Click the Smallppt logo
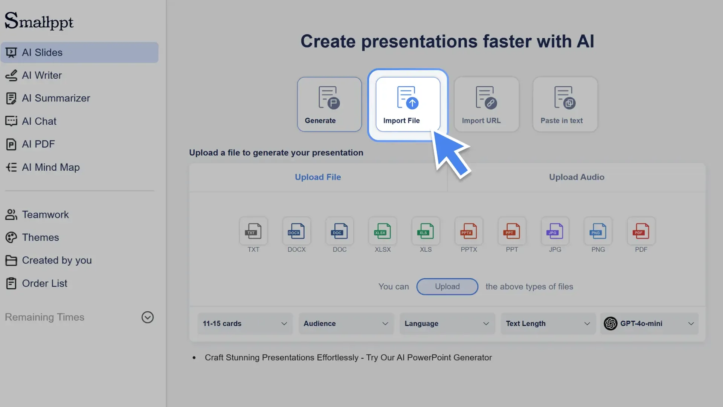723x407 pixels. click(x=39, y=21)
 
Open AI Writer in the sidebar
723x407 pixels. click(x=41, y=75)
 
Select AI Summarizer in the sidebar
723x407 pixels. click(x=56, y=98)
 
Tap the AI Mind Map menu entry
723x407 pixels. click(x=50, y=167)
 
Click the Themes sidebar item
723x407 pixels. click(x=40, y=237)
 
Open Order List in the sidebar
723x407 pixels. click(x=44, y=283)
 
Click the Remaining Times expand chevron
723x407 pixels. click(x=147, y=317)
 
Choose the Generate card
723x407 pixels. click(x=329, y=104)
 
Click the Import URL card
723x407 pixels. click(x=486, y=104)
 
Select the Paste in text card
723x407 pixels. click(x=564, y=104)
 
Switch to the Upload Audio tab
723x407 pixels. click(x=576, y=177)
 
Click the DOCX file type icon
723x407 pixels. click(x=296, y=231)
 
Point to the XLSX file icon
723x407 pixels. click(x=383, y=231)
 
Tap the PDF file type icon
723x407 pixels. click(x=641, y=231)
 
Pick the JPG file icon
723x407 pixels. click(x=555, y=231)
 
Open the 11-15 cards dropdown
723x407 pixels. click(x=245, y=324)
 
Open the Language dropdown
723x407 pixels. click(x=447, y=324)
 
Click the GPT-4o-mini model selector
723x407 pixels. click(x=649, y=324)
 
